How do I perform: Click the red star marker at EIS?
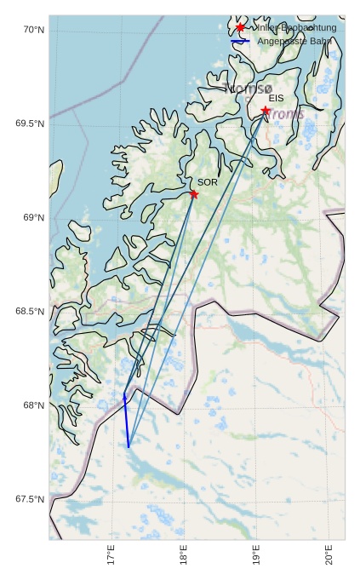coord(266,111)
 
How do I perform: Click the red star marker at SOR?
coord(194,194)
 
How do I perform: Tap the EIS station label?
coord(276,99)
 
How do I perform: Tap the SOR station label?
coord(208,182)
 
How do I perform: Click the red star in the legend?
coord(241,28)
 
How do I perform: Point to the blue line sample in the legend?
coord(241,41)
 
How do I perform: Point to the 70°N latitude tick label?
coord(32,30)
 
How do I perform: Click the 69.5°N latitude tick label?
coord(30,123)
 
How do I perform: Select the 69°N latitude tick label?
coord(32,218)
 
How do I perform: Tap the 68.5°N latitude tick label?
coord(30,312)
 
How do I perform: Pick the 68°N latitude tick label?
coord(32,405)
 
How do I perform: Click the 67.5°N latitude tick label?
coord(30,499)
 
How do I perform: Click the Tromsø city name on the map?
coord(249,89)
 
